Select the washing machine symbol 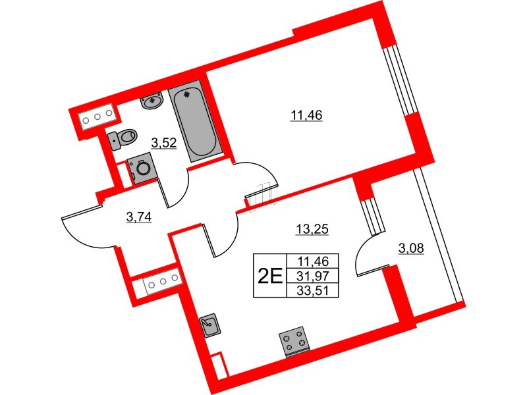pos(140,169)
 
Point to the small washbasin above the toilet pos(153,101)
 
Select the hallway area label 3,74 pos(138,218)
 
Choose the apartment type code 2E pos(269,274)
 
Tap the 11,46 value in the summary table pos(313,261)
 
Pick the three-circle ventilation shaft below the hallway pos(161,284)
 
